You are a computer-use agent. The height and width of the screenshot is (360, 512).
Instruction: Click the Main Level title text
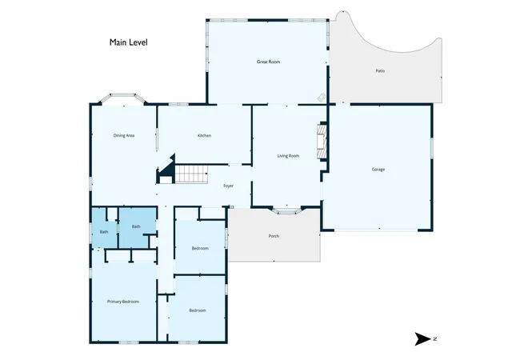tap(128, 42)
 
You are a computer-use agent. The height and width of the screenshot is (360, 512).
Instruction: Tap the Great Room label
tap(268, 62)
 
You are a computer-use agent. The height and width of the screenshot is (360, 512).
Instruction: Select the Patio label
tap(380, 70)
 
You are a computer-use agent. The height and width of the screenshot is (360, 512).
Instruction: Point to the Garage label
tap(378, 170)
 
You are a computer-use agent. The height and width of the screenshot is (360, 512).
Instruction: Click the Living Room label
tap(288, 156)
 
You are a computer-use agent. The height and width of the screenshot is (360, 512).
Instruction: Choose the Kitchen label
tap(205, 135)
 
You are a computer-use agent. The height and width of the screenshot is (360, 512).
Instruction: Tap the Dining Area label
tap(124, 135)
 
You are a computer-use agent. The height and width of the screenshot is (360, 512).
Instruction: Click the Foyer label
tap(228, 186)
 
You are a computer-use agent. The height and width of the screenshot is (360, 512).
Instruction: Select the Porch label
tap(274, 236)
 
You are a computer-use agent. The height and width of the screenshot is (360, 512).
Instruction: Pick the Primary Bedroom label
tap(123, 302)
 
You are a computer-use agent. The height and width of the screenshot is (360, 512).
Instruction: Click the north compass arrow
tap(422, 338)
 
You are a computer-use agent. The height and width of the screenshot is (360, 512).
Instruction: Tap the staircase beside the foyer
tap(192, 174)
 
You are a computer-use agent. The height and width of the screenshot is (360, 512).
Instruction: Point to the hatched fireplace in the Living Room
tap(322, 142)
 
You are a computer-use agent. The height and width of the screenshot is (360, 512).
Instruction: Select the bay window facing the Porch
tap(286, 211)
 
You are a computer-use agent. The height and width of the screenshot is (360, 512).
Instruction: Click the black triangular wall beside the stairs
tap(169, 166)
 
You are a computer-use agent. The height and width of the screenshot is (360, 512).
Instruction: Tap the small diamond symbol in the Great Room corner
tap(322, 97)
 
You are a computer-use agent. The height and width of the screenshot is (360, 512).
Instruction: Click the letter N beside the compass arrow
tap(435, 338)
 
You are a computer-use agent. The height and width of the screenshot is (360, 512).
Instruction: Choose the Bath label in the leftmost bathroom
tap(104, 232)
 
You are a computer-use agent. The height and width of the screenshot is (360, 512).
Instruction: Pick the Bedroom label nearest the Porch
tap(200, 248)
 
